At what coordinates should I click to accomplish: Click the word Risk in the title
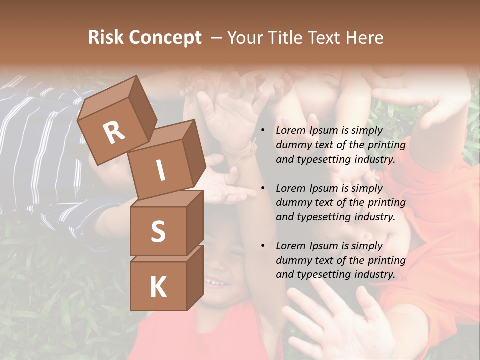[x=107, y=38]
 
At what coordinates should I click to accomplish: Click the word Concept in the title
[x=165, y=38]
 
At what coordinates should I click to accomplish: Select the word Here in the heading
[x=363, y=38]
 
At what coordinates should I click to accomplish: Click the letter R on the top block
[x=114, y=132]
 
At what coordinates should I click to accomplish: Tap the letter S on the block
[x=158, y=232]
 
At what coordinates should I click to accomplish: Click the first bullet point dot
[x=263, y=131]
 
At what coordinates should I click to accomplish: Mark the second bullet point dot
[x=263, y=188]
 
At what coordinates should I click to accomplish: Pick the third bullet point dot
[x=263, y=246]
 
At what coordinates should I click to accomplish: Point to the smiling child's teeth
[x=216, y=283]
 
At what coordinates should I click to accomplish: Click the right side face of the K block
[x=195, y=277]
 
